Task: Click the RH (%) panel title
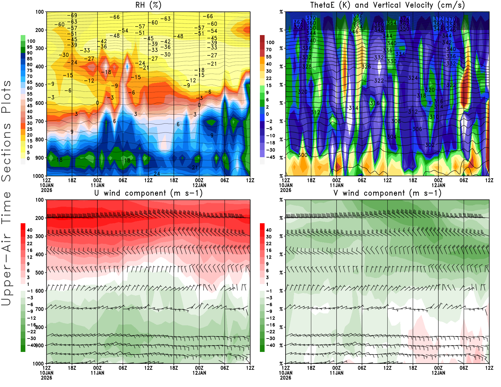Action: point(148,5)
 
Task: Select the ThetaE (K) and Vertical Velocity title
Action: point(387,5)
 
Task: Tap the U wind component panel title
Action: point(148,193)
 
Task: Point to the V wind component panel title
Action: point(387,193)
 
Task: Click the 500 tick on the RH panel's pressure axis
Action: point(40,85)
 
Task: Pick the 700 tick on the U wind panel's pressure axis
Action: point(40,309)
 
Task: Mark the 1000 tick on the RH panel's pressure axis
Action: point(39,176)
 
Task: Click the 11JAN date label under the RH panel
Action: point(97,185)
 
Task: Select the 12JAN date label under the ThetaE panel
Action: point(438,185)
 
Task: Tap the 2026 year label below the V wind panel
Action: point(286,378)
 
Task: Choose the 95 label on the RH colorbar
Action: point(29,47)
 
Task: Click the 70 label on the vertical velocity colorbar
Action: point(269,49)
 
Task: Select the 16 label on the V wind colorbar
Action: point(269,250)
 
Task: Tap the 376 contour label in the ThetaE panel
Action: point(358,16)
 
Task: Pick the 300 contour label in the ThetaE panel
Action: point(302,155)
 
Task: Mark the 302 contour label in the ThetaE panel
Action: point(430,145)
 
